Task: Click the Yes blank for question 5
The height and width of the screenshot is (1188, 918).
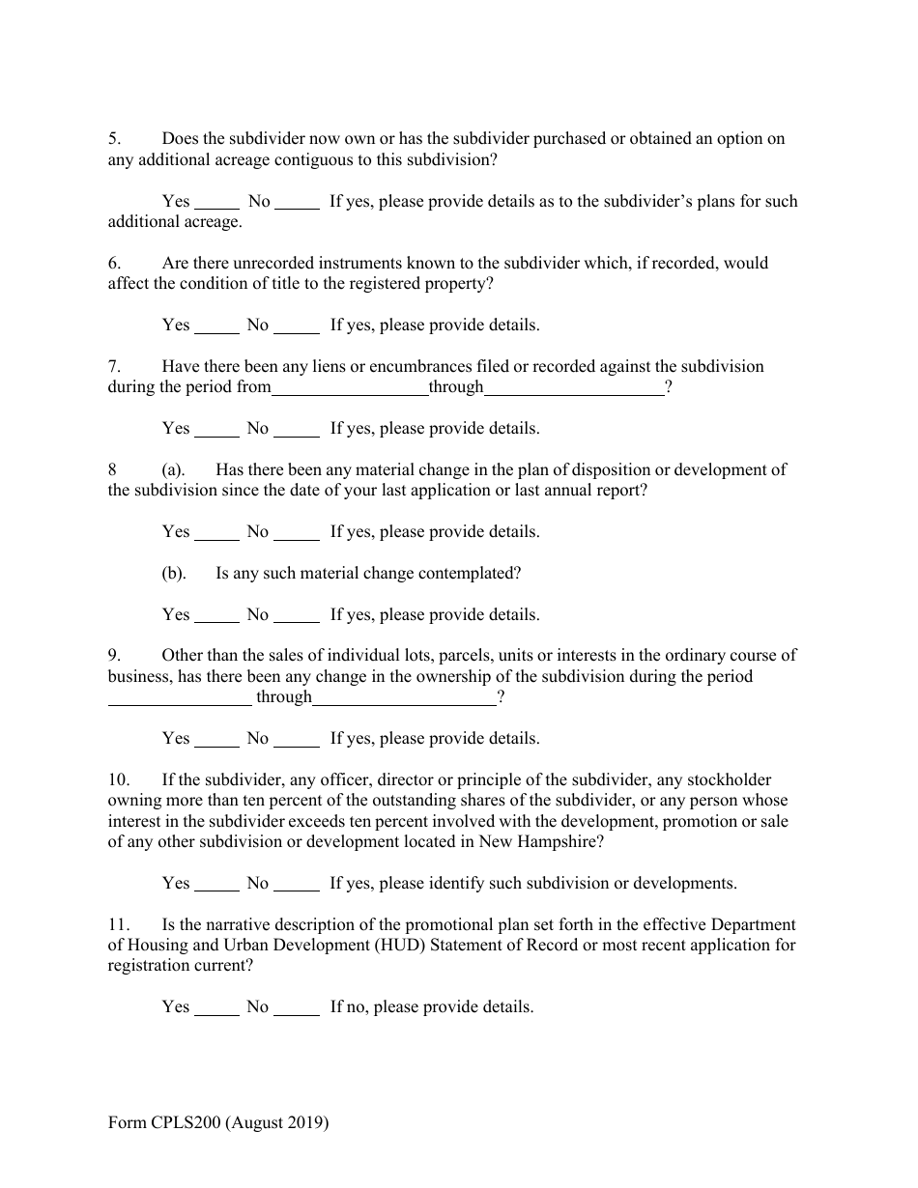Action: point(216,204)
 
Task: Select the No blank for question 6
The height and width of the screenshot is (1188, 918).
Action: point(297,326)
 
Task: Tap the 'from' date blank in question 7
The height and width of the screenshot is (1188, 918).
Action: point(350,389)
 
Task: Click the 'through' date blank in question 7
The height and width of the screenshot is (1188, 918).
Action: point(573,389)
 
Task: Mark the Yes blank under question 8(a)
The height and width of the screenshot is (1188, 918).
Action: point(216,533)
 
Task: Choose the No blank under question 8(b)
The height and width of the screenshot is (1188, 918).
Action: point(297,616)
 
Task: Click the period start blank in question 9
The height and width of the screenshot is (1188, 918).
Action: point(180,698)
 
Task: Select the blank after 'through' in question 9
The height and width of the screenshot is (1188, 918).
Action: point(404,698)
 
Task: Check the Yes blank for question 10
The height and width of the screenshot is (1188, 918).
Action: point(216,885)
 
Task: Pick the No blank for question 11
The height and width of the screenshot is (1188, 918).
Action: point(297,1008)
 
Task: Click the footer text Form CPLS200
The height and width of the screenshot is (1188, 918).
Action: point(218,1123)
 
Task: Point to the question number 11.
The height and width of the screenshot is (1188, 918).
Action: point(118,925)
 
